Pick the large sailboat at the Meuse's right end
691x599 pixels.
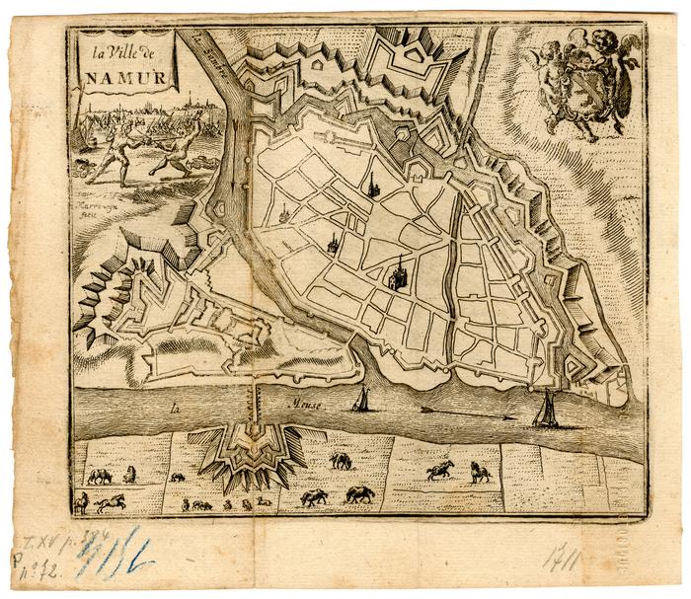click(x=545, y=407)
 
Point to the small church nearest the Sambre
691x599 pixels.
click(x=284, y=210)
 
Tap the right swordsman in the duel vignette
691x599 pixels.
click(x=176, y=149)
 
